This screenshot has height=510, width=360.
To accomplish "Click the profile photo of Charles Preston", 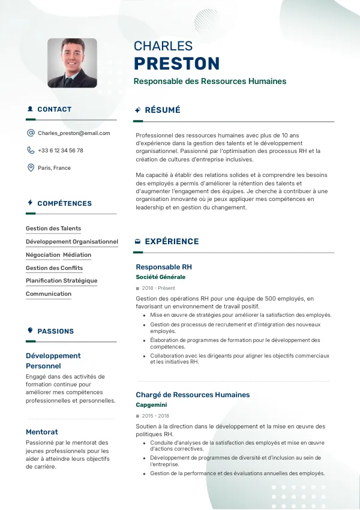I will click(x=72, y=63).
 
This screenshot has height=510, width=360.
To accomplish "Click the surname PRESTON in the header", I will click(x=176, y=64).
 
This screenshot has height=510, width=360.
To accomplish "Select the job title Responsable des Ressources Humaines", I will click(x=209, y=82).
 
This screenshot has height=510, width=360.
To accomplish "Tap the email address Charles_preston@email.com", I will click(x=74, y=133).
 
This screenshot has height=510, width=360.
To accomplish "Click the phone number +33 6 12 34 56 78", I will click(x=61, y=151).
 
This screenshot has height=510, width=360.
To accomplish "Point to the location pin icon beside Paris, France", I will click(x=31, y=168).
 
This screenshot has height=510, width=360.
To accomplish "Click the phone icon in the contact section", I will click(x=31, y=151).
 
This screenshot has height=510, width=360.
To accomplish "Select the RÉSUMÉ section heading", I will click(x=162, y=110).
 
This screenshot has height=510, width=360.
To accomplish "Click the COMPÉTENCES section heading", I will click(x=64, y=203).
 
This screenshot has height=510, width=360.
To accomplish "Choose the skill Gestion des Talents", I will click(x=53, y=229).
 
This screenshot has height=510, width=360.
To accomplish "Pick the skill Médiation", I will click(x=77, y=255).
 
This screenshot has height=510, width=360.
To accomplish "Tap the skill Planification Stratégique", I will click(x=61, y=281).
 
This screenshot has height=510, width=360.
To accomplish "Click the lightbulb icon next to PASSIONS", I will click(x=30, y=331).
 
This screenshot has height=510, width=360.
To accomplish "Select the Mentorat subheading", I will click(x=42, y=432).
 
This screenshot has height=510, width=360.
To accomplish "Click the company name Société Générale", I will click(x=160, y=277).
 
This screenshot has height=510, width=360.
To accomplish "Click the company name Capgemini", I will click(x=151, y=405).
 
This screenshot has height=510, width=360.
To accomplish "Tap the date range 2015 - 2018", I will click(x=155, y=416).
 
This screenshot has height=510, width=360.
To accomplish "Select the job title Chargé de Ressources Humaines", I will click(x=193, y=395).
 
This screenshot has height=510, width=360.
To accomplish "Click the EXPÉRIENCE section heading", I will click(x=172, y=242).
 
